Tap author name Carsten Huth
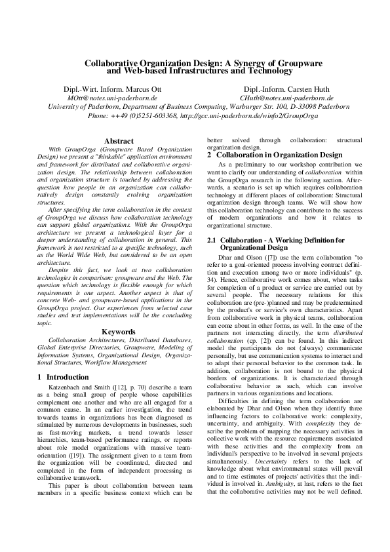(294, 89)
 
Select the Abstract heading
(119, 140)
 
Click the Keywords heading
(119, 332)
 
